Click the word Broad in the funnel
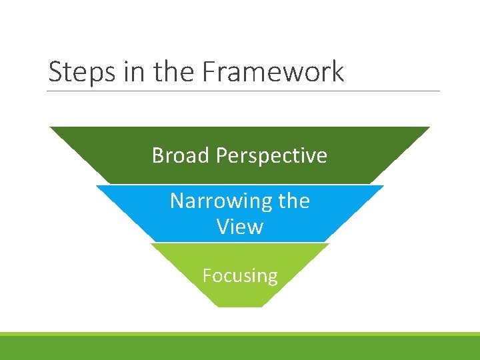pyautogui.click(x=181, y=155)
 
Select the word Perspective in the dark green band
pyautogui.click(x=271, y=156)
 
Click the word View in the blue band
pyautogui.click(x=240, y=227)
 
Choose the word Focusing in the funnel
pyautogui.click(x=240, y=275)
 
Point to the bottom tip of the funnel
pyautogui.click(x=240, y=306)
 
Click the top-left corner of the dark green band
pyautogui.click(x=51, y=127)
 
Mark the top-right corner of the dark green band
pyautogui.click(x=429, y=127)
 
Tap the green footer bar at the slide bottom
pyautogui.click(x=240, y=347)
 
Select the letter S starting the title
pyautogui.click(x=54, y=72)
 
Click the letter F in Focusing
pyautogui.click(x=207, y=275)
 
